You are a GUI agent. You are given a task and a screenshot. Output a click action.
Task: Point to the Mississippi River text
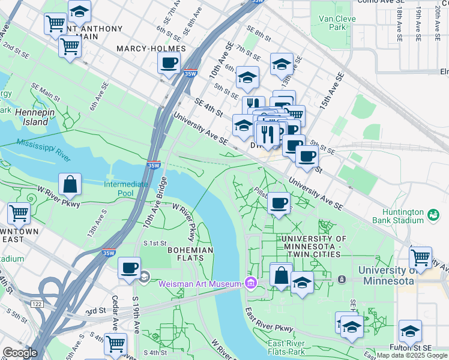(x=43, y=146)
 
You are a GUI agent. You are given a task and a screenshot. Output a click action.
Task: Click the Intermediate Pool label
(x=126, y=189)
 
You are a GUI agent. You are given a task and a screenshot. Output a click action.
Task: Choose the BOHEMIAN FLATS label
(x=190, y=254)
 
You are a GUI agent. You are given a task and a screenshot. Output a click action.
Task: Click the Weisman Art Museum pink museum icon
(x=251, y=283)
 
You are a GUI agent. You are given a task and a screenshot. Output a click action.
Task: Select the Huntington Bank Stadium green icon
(x=433, y=214)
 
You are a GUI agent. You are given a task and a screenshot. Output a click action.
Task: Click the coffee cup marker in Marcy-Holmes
(x=169, y=62)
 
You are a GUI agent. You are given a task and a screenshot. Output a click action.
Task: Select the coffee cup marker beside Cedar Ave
(x=129, y=268)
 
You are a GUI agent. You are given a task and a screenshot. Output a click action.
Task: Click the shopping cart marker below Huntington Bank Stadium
(x=420, y=258)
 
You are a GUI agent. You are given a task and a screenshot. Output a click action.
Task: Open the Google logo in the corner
(x=20, y=353)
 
